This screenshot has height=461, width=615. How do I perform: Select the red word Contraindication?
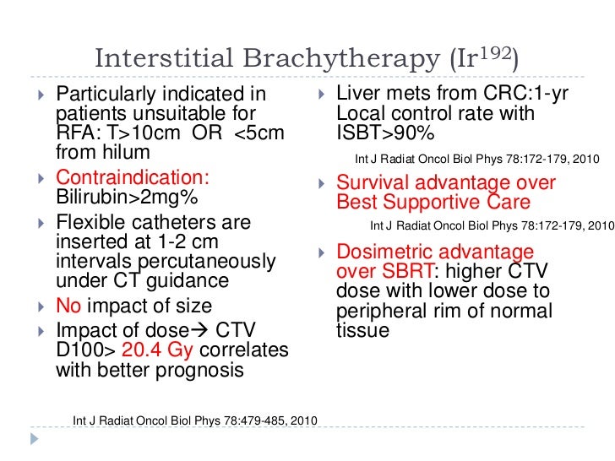[133, 179]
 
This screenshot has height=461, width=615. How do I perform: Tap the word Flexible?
[92, 223]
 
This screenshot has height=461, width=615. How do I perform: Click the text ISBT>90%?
[373, 133]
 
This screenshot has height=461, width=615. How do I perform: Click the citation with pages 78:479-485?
[189, 420]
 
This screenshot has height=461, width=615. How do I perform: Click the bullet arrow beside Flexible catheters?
[42, 224]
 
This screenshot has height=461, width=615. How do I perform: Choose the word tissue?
[362, 330]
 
